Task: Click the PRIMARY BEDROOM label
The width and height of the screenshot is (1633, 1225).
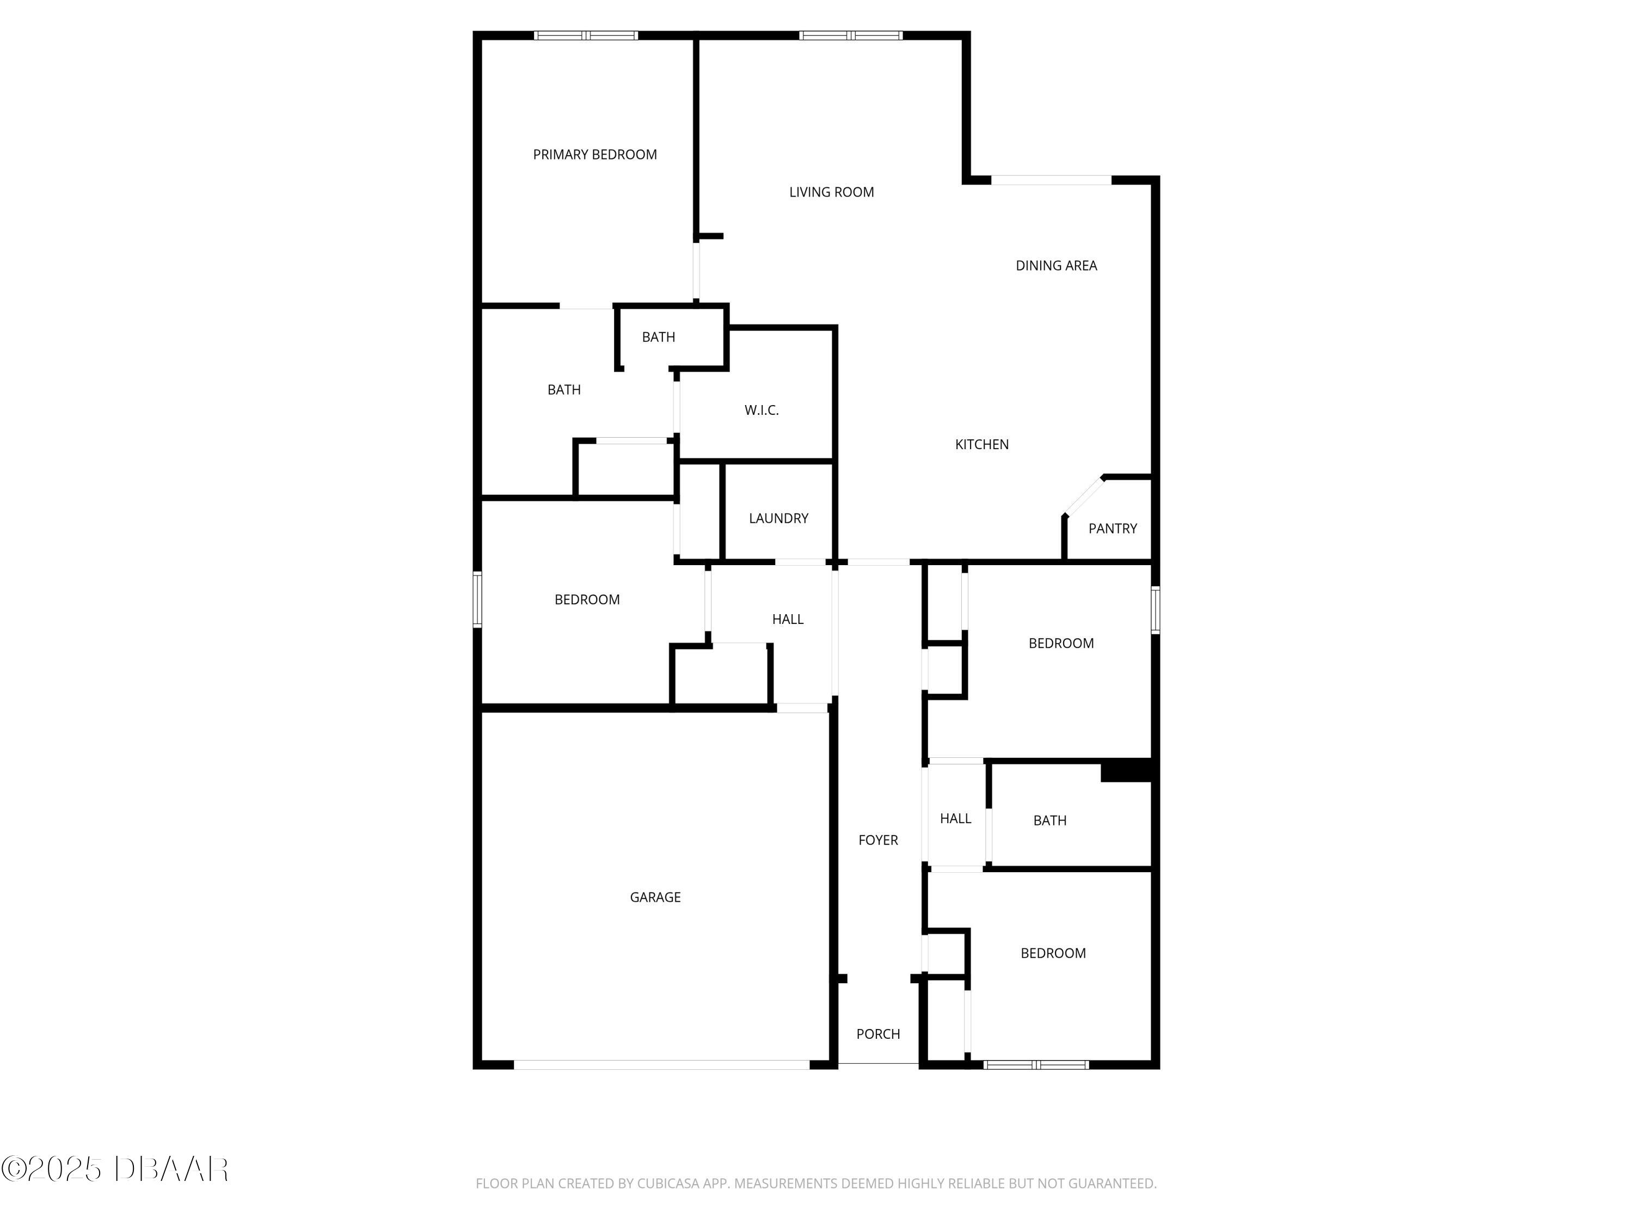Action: [594, 154]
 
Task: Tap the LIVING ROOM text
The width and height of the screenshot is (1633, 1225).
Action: [831, 192]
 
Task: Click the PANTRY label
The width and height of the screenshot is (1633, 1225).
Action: [1113, 529]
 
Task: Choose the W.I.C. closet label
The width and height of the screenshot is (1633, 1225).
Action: [761, 411]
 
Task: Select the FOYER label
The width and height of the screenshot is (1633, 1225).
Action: [878, 840]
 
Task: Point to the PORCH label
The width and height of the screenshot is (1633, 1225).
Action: [878, 1034]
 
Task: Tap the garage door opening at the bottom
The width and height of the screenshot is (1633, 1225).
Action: [661, 1065]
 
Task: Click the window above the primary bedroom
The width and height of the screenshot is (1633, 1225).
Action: [586, 35]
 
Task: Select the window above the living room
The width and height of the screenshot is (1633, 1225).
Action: [850, 35]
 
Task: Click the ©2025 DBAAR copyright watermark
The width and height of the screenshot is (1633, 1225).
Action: [114, 1169]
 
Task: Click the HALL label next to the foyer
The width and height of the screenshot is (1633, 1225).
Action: [955, 819]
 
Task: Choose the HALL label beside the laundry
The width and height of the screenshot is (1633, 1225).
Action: [788, 620]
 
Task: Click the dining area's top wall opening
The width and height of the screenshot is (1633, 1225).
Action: [1051, 180]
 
